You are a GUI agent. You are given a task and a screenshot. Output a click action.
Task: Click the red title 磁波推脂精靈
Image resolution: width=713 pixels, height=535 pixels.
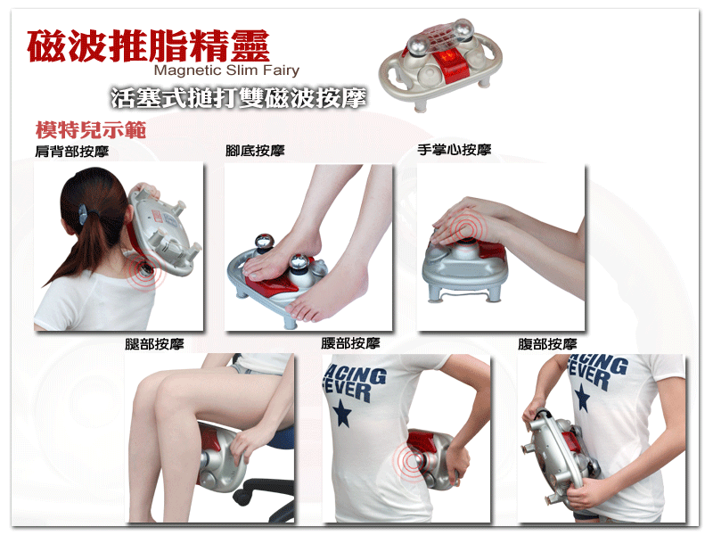tap(148, 45)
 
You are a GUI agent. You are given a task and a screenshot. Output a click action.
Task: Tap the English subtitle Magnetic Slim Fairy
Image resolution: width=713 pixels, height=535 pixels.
tap(226, 70)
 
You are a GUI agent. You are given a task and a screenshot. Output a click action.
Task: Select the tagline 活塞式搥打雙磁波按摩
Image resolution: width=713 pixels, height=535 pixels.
tap(239, 97)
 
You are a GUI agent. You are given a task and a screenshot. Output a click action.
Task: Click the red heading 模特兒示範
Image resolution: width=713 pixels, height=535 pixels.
tap(91, 129)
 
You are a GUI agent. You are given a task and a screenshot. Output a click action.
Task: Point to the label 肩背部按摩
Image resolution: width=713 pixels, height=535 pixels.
tap(72, 151)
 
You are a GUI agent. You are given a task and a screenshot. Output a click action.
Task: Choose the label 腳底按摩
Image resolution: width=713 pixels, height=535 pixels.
tap(255, 150)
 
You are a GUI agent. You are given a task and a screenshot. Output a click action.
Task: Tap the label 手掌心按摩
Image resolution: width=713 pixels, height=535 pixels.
tap(455, 149)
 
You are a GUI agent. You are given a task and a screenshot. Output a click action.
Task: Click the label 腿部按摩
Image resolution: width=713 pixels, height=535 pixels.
tap(154, 344)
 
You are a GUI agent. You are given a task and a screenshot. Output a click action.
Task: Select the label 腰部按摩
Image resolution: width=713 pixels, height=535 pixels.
tap(350, 343)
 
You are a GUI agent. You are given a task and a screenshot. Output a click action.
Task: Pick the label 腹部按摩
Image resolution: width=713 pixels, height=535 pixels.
tap(547, 344)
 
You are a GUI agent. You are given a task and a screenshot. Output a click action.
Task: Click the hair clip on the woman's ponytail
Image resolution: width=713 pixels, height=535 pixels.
tap(85, 214)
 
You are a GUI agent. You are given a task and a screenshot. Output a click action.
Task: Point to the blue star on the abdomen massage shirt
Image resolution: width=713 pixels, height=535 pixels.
tap(582, 397)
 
